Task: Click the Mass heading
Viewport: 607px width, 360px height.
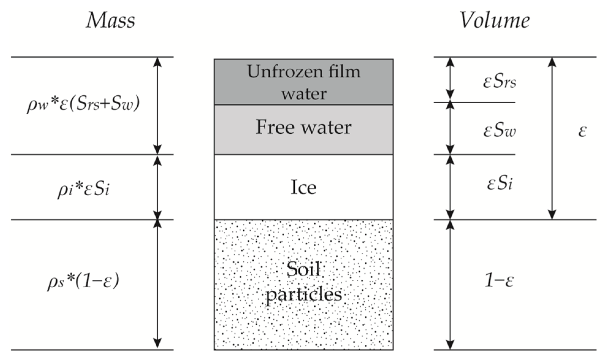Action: (110, 21)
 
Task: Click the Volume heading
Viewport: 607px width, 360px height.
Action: (495, 21)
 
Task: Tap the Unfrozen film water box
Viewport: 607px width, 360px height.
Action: (303, 82)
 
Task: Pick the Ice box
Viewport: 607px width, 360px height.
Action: (303, 187)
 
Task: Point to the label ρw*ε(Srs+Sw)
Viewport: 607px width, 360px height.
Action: (83, 104)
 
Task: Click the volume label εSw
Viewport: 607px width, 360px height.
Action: (499, 131)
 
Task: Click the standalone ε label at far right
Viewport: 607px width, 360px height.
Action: (582, 131)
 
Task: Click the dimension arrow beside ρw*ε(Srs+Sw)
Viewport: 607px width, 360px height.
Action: (157, 106)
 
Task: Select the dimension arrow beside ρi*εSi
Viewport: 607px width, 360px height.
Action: (157, 187)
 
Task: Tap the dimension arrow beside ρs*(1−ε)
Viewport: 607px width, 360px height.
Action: (157, 285)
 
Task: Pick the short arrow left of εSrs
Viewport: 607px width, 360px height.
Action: (450, 79)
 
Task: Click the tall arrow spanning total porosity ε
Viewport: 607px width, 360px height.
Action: (552, 138)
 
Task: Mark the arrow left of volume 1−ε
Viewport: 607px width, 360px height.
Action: (450, 285)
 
